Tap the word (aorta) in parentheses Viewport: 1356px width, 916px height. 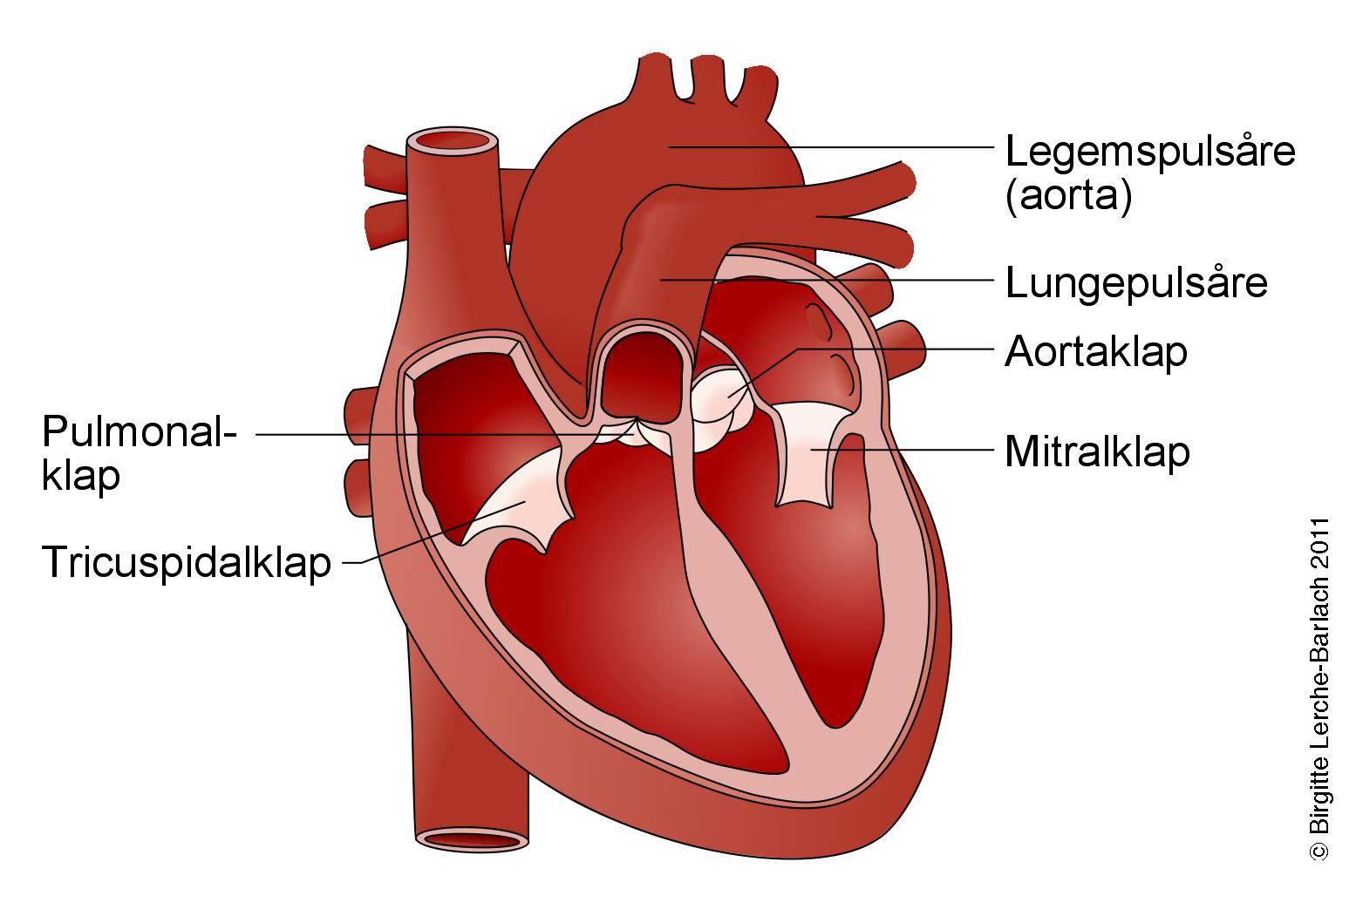[1068, 197]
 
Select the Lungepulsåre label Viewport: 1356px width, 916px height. [1136, 282]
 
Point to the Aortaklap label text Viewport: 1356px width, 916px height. [1096, 352]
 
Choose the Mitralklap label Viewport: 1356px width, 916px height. [1097, 452]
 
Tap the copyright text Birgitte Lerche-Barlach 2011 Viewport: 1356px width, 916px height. [1319, 689]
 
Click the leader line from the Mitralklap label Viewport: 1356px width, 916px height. [924, 451]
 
